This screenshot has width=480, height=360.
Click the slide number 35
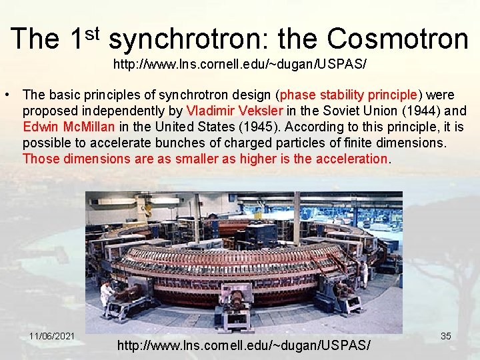[446, 336]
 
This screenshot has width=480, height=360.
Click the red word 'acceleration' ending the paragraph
[355, 158]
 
